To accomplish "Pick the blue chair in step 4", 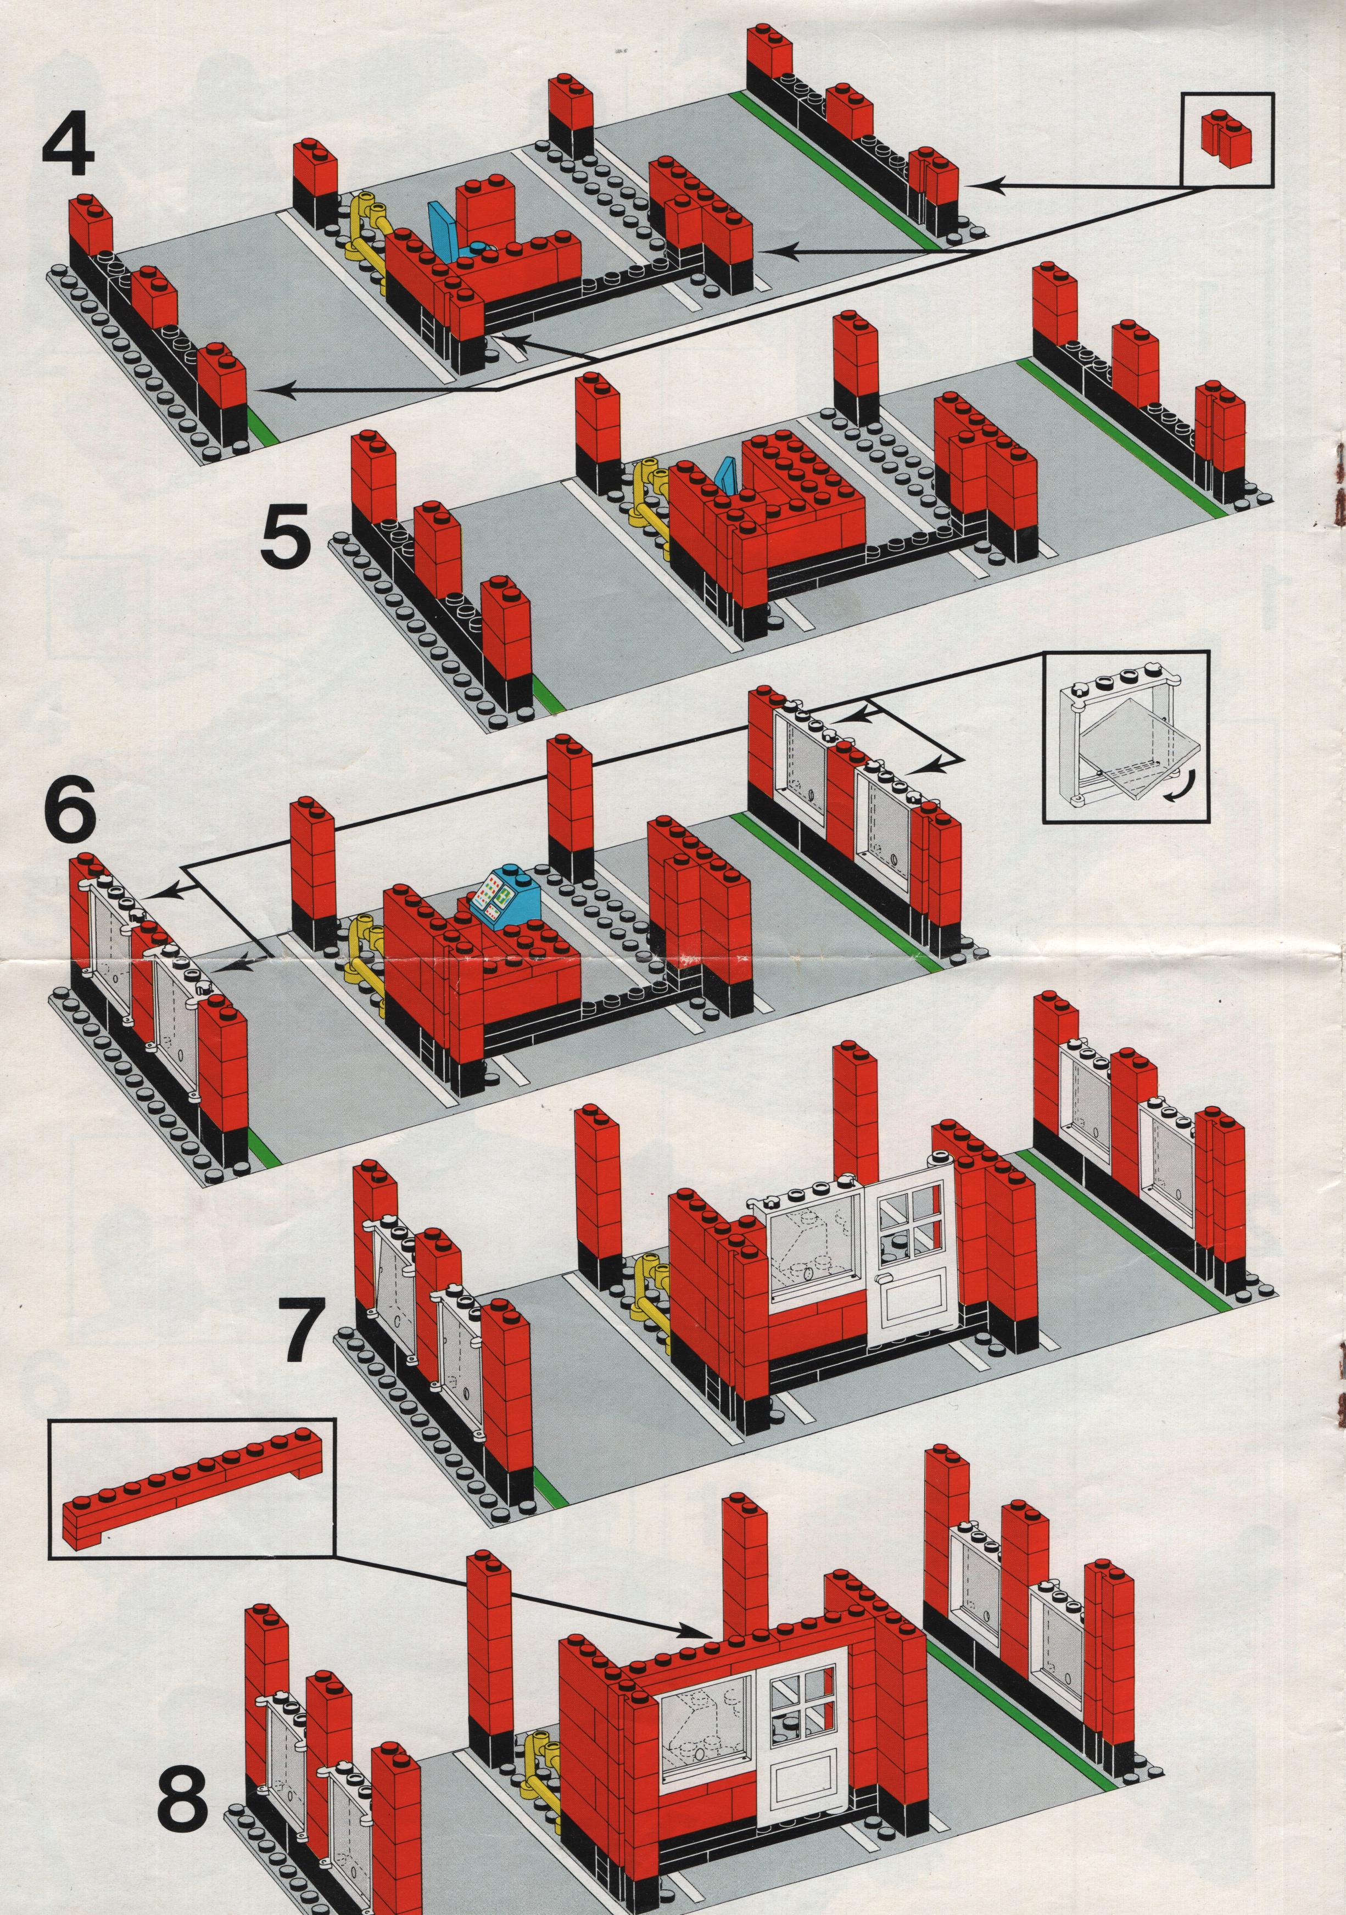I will coord(442,230).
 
